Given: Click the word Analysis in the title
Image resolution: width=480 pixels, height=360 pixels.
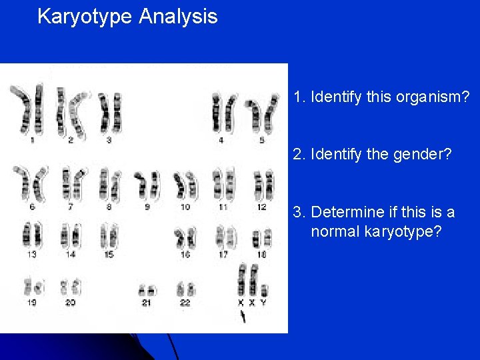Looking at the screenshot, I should pyautogui.click(x=178, y=17).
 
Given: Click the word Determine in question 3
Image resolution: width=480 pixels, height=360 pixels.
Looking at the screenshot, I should pyautogui.click(x=347, y=213).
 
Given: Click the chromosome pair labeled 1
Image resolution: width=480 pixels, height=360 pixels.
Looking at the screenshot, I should pyautogui.click(x=31, y=109).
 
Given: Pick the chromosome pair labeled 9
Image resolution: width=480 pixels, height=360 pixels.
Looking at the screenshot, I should pyautogui.click(x=147, y=186).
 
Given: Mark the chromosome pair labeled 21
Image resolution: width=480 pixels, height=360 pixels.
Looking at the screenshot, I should pyautogui.click(x=147, y=290).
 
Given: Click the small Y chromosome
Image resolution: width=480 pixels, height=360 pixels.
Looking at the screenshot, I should pyautogui.click(x=265, y=291).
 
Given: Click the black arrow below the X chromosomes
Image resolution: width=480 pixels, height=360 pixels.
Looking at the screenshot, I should pyautogui.click(x=243, y=317).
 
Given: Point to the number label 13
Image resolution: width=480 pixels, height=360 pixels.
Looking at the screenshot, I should pyautogui.click(x=31, y=255).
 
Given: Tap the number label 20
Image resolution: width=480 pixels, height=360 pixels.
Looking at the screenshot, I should pyautogui.click(x=70, y=303).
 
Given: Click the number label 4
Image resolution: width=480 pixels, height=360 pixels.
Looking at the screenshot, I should pyautogui.click(x=221, y=141).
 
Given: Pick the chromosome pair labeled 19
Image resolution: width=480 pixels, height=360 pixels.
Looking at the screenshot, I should pyautogui.click(x=32, y=287).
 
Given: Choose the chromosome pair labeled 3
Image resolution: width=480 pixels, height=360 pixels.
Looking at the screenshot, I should pyautogui.click(x=109, y=112).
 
